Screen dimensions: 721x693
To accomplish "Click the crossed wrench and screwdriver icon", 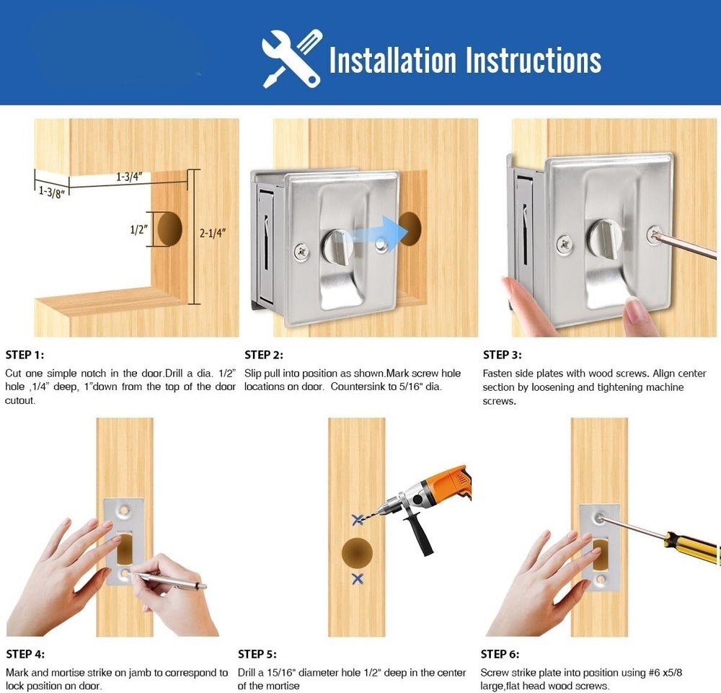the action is pyautogui.click(x=292, y=59).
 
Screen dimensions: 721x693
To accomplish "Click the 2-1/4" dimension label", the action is pyautogui.click(x=213, y=233).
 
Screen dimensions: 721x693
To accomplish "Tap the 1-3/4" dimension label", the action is pyautogui.click(x=129, y=177).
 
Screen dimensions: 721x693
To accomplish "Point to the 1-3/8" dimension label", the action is pyautogui.click(x=51, y=191).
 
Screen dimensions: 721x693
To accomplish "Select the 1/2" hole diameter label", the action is pyautogui.click(x=138, y=229).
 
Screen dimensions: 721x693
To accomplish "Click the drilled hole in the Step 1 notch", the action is pyautogui.click(x=169, y=229).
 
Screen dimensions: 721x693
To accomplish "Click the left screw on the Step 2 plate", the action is pyautogui.click(x=301, y=252).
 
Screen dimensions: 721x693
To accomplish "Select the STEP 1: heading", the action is pyautogui.click(x=25, y=355).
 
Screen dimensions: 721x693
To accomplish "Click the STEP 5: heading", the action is pyautogui.click(x=257, y=654).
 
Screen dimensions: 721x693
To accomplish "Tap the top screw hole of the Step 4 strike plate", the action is pyautogui.click(x=124, y=510).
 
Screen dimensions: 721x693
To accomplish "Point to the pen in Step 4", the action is pyautogui.click(x=168, y=579).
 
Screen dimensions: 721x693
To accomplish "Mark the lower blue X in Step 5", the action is pyautogui.click(x=358, y=578).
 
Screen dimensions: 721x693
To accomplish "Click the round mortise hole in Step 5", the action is pyautogui.click(x=357, y=552).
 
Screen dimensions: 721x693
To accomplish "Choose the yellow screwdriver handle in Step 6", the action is pyautogui.click(x=694, y=547).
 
